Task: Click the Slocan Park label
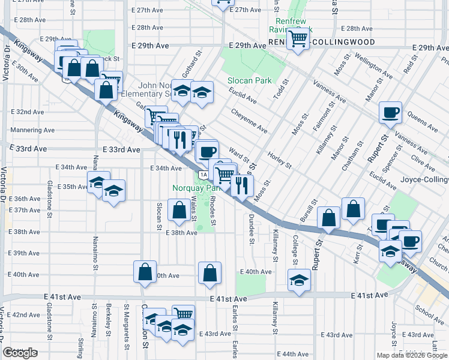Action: tap(249, 80)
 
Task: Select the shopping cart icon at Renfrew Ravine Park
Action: tap(298, 40)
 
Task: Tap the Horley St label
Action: tap(280, 157)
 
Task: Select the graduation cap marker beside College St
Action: tap(299, 281)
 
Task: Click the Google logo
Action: tap(20, 353)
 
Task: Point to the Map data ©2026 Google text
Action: tap(411, 355)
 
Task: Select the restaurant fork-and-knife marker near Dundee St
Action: tap(242, 185)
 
